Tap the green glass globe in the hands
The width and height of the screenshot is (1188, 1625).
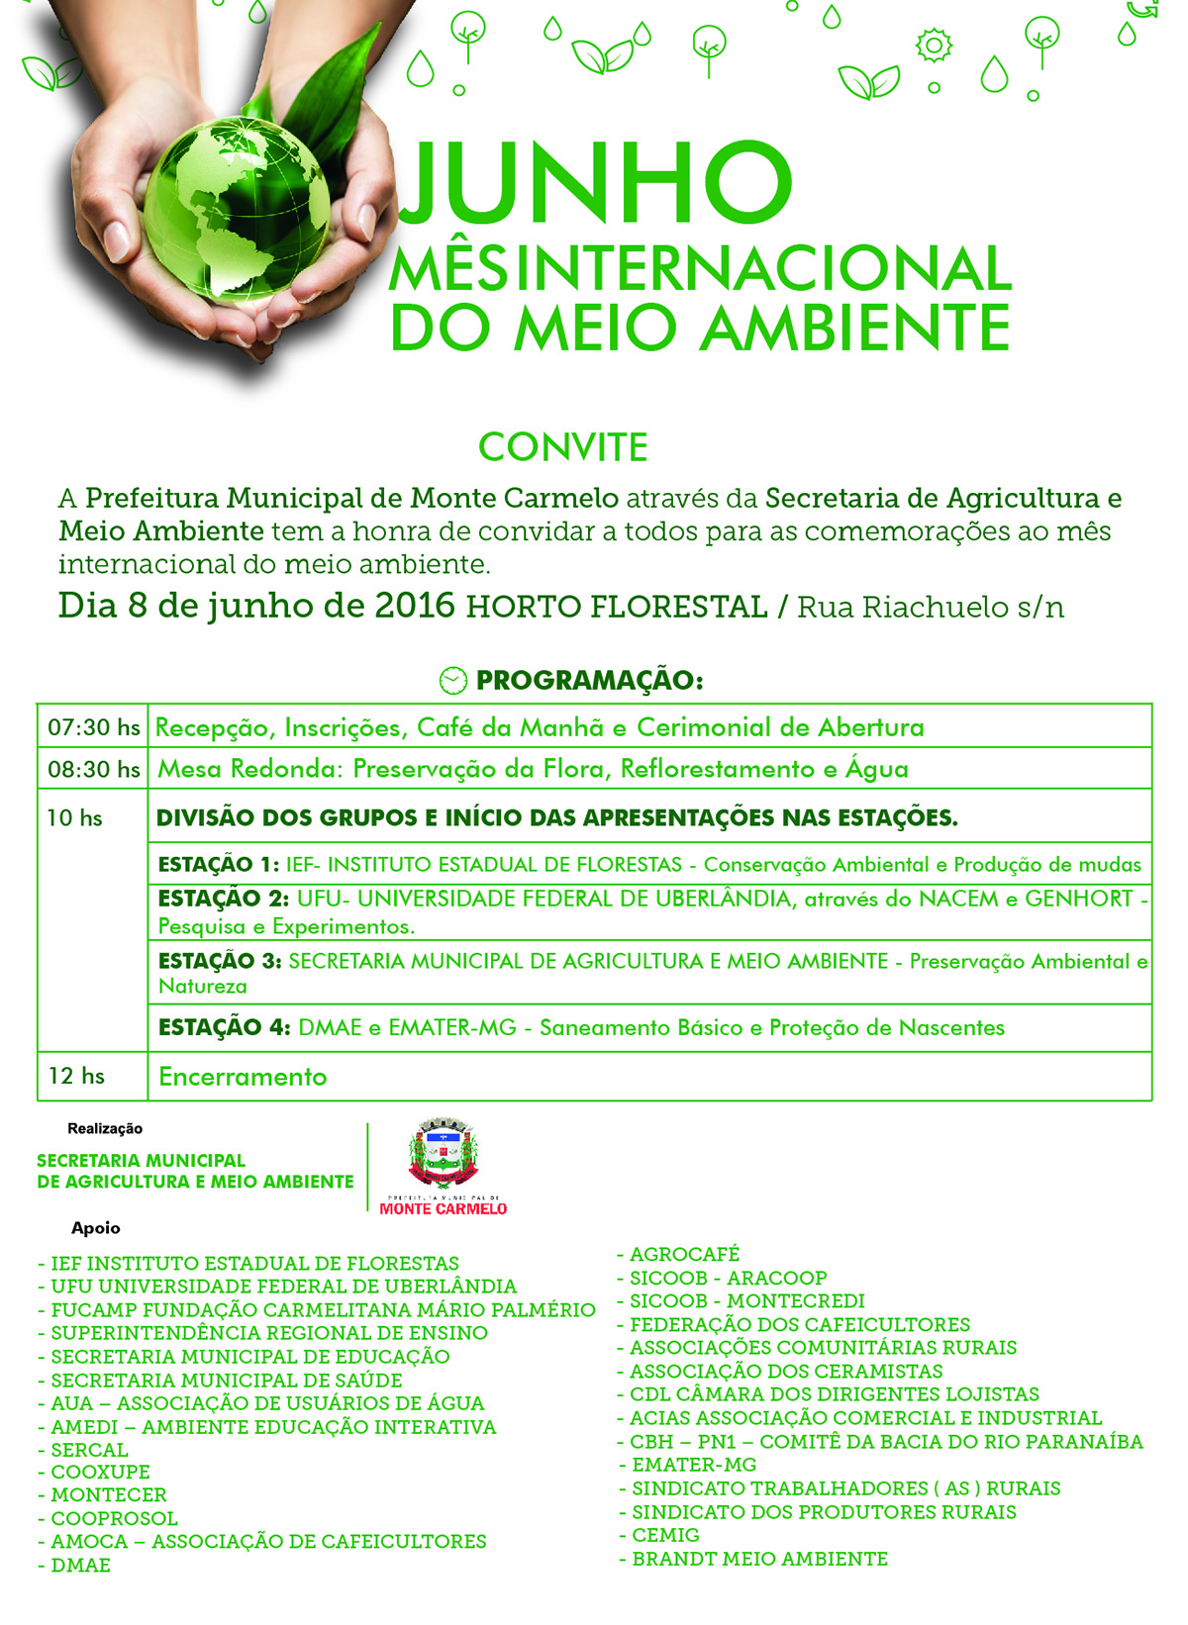coord(238,213)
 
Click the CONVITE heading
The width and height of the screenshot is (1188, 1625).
coord(562,447)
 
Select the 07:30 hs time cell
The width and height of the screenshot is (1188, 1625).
coord(93,727)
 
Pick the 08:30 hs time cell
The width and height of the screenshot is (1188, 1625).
coord(93,769)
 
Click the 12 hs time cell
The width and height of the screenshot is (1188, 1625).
coord(76,1076)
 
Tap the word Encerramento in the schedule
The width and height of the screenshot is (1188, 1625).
coord(243,1077)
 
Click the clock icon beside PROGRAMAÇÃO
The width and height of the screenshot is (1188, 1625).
coord(452,681)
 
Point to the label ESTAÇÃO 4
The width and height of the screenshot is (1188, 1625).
coord(224,1027)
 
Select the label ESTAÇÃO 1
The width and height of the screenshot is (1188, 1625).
coord(218,864)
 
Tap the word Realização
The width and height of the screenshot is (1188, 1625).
coord(105,1128)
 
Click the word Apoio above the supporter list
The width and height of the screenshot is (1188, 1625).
coord(96,1228)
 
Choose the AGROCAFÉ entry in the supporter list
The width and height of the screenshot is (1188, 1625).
coord(684,1254)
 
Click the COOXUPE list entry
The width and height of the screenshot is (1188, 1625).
coord(100,1472)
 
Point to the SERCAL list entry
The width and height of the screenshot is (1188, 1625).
coord(89,1449)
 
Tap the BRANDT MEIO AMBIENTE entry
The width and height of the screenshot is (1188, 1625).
coord(759,1559)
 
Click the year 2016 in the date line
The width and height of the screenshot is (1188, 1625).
coord(415,605)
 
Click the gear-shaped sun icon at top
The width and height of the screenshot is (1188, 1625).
coord(934,45)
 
